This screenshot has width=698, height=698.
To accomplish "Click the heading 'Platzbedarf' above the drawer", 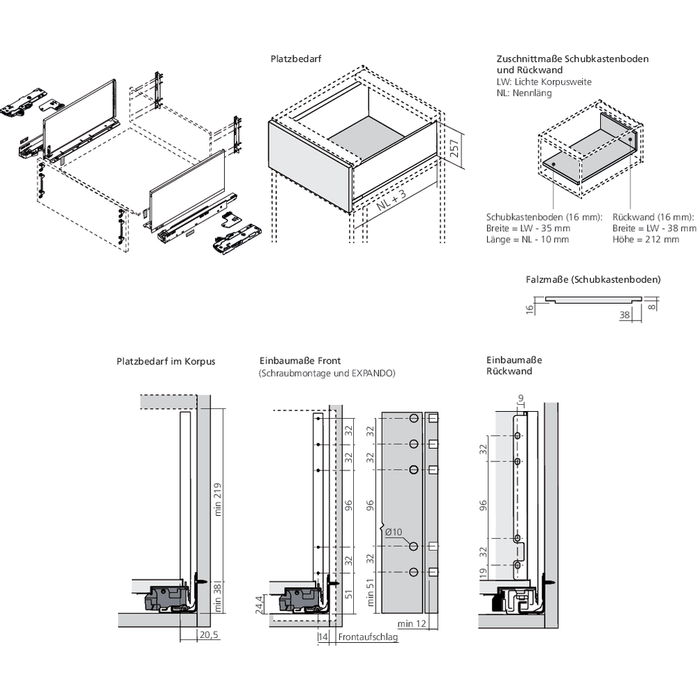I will pos(295,59).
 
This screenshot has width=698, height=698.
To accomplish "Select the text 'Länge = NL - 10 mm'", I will pos(527,239).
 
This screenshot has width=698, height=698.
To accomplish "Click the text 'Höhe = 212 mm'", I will pos(646,239).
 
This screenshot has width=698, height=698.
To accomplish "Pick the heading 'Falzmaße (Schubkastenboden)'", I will pos(593,279).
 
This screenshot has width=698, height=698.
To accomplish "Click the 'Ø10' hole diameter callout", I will pos(394,533).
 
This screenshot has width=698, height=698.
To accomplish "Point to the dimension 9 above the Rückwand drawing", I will pos(519,399).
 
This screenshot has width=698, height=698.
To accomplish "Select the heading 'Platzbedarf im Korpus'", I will pos(166,362).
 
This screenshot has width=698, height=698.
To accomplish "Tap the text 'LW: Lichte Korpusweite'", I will pos(544,82).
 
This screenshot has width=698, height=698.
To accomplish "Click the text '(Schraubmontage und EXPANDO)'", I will pos(327,373).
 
